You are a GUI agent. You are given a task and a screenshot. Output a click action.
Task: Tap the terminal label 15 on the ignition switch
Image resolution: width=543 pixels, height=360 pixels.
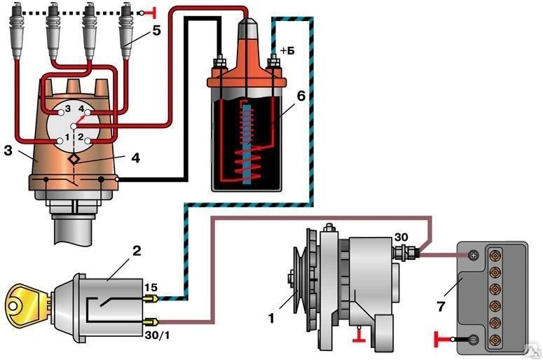151,288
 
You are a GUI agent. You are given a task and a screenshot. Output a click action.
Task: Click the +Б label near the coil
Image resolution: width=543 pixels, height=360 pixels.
287,51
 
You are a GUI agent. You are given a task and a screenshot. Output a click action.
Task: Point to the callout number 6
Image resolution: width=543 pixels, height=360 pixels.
301,96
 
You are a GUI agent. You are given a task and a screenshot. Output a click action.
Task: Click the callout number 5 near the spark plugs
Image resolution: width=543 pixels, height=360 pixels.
156,31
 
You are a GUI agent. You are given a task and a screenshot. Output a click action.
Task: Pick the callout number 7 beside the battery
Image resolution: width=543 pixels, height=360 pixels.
441,306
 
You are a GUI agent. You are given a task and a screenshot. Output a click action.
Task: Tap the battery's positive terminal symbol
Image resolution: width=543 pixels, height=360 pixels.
473,256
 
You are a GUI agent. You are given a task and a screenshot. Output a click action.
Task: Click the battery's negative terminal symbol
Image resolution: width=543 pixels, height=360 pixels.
474,339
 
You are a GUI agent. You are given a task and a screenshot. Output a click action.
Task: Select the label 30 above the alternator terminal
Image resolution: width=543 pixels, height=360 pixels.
401,237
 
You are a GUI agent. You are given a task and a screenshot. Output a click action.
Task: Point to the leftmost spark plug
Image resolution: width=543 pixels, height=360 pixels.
18,31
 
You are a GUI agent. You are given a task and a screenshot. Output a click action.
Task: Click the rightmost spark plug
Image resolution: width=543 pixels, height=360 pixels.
126,31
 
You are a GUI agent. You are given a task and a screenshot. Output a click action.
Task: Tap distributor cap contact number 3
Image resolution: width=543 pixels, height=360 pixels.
61,112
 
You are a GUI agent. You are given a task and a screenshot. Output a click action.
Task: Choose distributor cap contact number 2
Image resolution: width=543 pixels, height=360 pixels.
88,141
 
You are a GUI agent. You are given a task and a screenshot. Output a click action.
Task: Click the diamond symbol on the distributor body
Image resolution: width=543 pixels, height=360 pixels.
74,159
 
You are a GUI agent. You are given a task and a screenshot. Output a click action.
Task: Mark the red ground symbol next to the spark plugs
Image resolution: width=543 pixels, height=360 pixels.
149,13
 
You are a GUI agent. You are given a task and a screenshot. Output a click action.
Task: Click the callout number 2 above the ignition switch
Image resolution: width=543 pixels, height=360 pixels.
137,251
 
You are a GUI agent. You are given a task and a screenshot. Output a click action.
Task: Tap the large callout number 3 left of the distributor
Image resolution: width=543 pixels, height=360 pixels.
8,151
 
